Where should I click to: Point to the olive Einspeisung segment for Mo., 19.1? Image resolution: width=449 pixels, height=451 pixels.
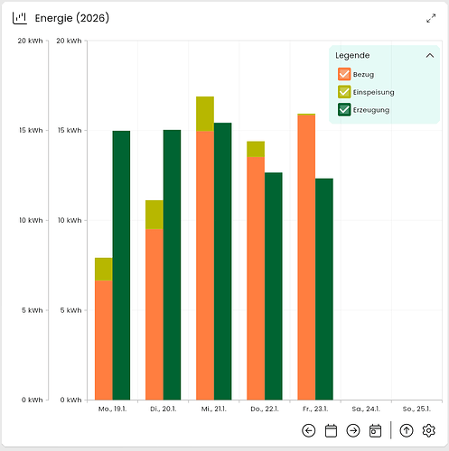click(104, 269)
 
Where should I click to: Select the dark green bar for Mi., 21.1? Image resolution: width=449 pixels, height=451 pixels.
click(222, 262)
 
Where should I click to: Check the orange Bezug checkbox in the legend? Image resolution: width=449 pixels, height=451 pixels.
click(344, 74)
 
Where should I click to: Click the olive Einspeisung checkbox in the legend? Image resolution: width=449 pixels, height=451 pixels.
click(344, 92)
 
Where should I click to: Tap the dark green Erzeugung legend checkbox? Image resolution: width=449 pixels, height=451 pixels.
click(344, 110)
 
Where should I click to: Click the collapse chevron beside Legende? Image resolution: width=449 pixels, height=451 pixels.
click(429, 55)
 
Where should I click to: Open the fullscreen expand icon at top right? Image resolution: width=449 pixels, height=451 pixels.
click(431, 18)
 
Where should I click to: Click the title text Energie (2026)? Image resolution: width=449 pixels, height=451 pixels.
click(72, 18)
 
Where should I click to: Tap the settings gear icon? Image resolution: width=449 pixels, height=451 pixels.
click(429, 430)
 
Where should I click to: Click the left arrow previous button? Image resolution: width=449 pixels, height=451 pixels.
click(308, 430)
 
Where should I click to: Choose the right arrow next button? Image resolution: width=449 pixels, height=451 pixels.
click(353, 430)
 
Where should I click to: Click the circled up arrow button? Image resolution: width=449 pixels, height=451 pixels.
click(407, 430)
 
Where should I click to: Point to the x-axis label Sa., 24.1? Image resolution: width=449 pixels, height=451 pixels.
click(365, 409)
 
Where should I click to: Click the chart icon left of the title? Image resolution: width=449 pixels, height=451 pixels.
click(20, 18)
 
